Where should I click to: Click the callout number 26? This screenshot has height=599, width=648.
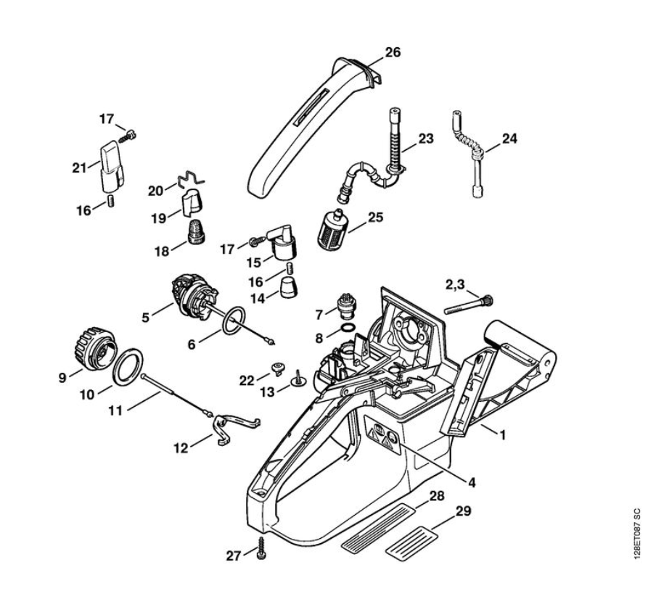pyautogui.click(x=393, y=52)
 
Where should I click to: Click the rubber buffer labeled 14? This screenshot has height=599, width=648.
pyautogui.click(x=288, y=289)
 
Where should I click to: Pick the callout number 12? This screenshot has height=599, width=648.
pyautogui.click(x=181, y=448)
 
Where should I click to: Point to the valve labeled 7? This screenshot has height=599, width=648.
pyautogui.click(x=344, y=305)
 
